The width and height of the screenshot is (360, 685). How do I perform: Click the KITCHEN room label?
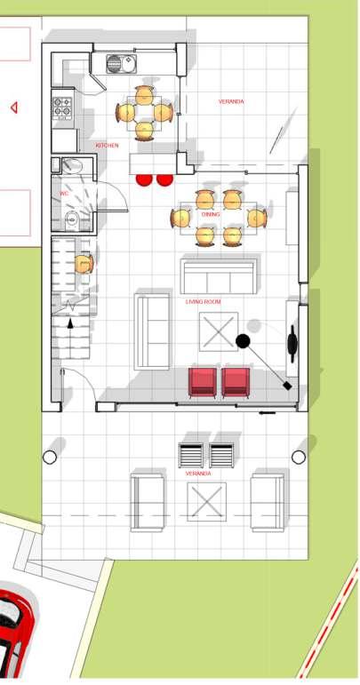pos(107,146)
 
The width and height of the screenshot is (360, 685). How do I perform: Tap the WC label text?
pos(64,193)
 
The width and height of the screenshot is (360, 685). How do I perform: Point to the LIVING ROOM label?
pos(204,302)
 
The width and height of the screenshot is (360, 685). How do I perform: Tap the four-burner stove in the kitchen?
pos(62,108)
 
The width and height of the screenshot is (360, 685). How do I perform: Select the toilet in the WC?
pos(70,219)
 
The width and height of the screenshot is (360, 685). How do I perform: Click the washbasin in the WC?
pos(72,165)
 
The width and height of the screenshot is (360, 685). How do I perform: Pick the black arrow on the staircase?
pos(70,323)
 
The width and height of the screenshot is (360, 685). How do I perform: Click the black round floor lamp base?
pos(243,341)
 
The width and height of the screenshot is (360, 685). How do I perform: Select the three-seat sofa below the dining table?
pos(219,276)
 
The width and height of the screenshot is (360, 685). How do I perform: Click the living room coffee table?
pos(219,331)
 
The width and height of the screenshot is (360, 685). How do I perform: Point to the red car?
pos(15,629)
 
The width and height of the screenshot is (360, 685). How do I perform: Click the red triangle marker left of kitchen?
pos(14,108)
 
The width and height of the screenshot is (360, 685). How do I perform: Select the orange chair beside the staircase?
pos(84,264)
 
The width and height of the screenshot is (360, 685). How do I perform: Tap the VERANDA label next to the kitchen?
pos(231,102)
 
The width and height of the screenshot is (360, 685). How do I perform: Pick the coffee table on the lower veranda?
pos(206,502)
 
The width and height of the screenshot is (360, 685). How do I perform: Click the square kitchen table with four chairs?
pos(144,113)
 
